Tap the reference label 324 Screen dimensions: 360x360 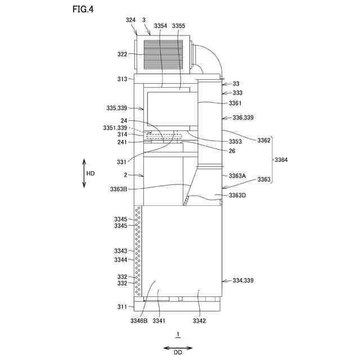130,20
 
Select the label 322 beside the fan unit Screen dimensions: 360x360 123,55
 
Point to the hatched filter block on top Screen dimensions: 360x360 163,55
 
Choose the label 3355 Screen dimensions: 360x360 179,26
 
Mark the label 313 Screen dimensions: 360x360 123,79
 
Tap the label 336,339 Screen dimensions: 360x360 238,118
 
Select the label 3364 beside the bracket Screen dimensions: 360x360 282,160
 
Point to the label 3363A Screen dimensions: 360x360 237,175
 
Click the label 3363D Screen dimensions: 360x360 237,195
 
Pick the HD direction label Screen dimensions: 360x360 90,173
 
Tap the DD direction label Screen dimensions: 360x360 177,353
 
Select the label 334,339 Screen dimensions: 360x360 238,280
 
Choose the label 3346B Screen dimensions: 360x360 138,321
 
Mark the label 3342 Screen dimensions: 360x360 199,321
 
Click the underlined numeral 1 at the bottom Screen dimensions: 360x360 178,335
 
